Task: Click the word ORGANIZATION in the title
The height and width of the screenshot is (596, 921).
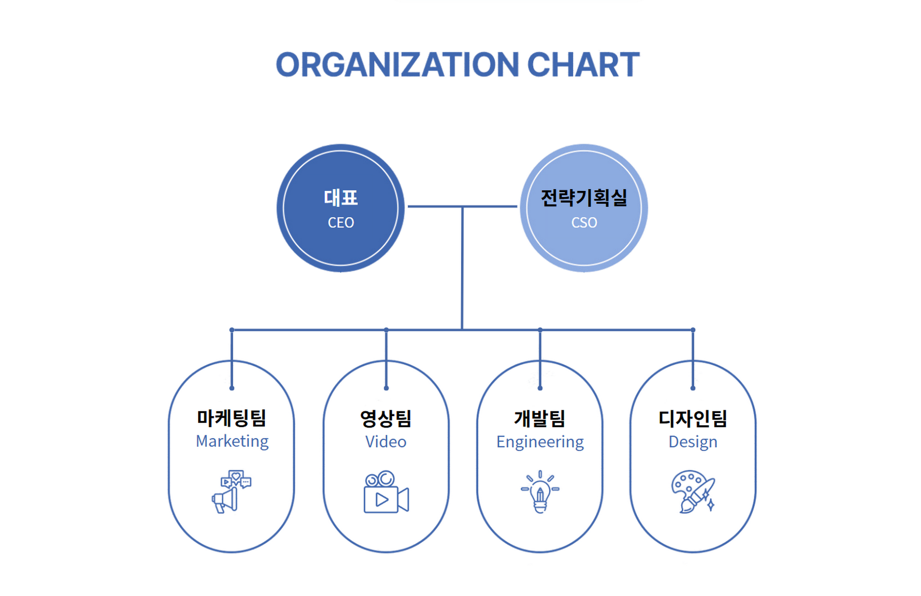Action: tap(397, 65)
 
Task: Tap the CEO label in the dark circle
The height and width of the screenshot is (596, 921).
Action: tap(341, 223)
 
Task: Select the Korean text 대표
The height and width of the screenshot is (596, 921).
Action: tap(341, 198)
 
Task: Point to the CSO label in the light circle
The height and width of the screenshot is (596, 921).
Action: tap(584, 223)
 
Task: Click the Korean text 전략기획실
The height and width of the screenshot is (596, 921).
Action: tap(584, 198)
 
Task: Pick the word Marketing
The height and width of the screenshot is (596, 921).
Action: tap(232, 441)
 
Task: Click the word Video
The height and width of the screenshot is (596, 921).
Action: tap(386, 441)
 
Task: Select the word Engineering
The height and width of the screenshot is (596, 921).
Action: tap(540, 442)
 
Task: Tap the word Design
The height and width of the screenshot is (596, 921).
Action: tap(693, 442)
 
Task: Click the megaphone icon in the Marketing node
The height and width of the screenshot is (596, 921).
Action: tap(231, 492)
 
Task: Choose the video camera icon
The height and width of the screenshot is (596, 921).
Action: tap(386, 492)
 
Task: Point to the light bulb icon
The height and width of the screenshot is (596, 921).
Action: tap(540, 492)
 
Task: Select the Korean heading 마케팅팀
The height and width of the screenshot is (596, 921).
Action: tap(231, 418)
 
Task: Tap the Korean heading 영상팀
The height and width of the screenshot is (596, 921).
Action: tap(386, 418)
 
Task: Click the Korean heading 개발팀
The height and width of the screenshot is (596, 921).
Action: tap(540, 418)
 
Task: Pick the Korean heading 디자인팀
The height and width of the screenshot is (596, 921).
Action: tap(693, 418)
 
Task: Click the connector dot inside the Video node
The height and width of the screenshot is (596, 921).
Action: tap(386, 388)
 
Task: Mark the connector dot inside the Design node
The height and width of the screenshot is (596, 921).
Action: tap(693, 388)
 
